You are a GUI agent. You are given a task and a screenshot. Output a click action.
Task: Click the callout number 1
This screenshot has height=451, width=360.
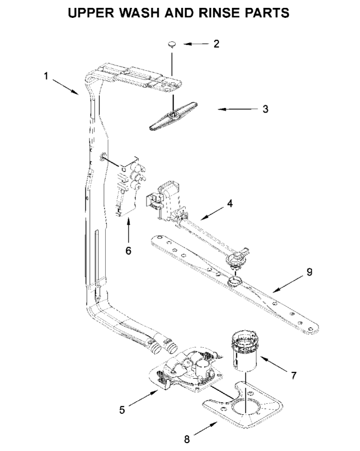[46, 76]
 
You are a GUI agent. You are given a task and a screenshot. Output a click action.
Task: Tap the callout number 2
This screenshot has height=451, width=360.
[216, 44]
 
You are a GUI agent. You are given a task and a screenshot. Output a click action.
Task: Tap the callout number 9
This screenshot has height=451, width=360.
[310, 271]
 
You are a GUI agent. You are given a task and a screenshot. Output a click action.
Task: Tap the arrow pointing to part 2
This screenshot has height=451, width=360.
[195, 45]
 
